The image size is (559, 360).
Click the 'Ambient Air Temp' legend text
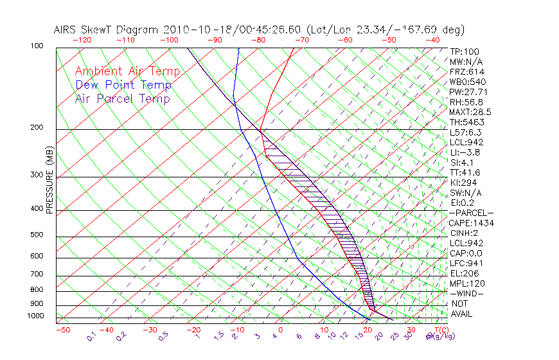click(127, 71)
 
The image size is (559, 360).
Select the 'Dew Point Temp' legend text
click(123, 85)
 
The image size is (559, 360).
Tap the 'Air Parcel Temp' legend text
click(122, 98)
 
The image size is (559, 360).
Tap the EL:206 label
click(465, 273)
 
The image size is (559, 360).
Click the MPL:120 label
click(467, 283)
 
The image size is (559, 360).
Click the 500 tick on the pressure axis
click(36, 235)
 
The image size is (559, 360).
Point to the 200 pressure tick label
click(36, 127)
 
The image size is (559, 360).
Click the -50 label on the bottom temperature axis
click(63, 330)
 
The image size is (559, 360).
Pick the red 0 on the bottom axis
click(281, 330)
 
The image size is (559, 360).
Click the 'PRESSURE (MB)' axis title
click(49, 187)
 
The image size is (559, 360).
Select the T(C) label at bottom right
click(442, 330)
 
